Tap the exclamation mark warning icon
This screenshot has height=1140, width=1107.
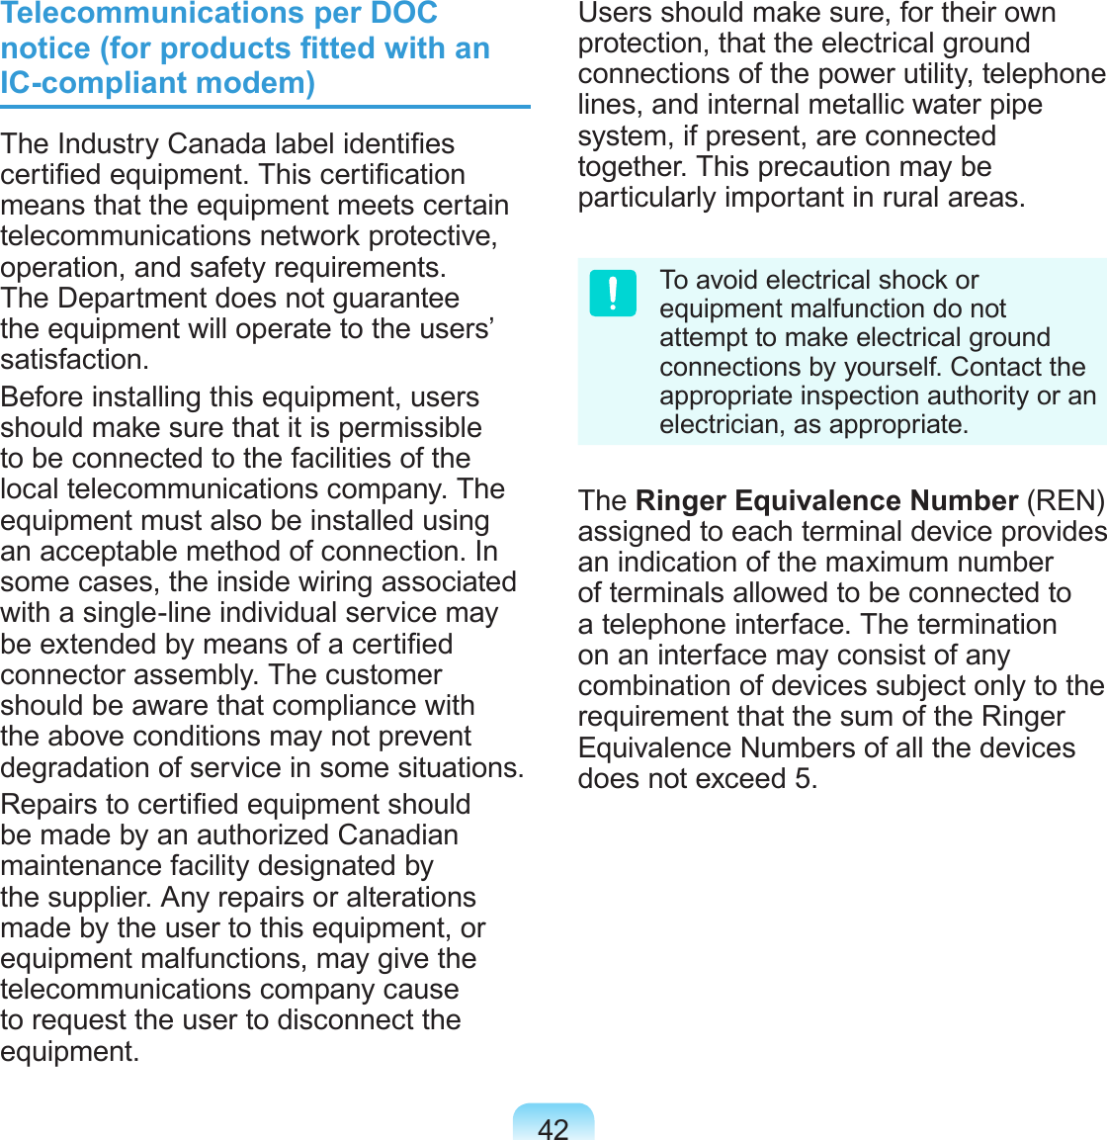(613, 294)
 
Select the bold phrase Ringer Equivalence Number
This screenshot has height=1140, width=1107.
(826, 500)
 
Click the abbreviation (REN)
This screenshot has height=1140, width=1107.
(1065, 500)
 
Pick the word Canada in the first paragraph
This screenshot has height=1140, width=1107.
(217, 143)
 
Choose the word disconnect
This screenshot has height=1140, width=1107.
(328, 1019)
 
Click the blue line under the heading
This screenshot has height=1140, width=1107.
(265, 107)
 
